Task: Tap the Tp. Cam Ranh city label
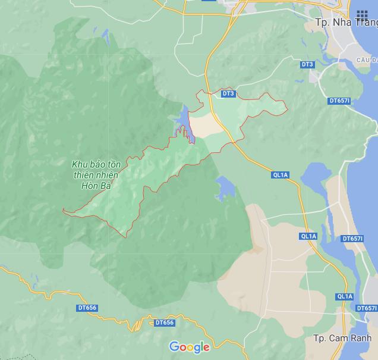[341, 338]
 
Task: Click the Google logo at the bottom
[190, 347]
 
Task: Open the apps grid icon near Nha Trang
[362, 15]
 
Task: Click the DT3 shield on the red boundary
[228, 93]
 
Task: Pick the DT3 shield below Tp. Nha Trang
[307, 64]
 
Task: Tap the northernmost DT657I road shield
[339, 101]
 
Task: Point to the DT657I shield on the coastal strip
[353, 239]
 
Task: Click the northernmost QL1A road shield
[281, 175]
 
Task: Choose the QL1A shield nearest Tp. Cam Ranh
[345, 296]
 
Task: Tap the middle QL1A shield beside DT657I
[309, 236]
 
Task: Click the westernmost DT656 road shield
[87, 308]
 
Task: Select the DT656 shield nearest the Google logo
[165, 323]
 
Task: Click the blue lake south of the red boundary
[225, 189]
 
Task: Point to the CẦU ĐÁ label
[367, 61]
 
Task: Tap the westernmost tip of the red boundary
[63, 210]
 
